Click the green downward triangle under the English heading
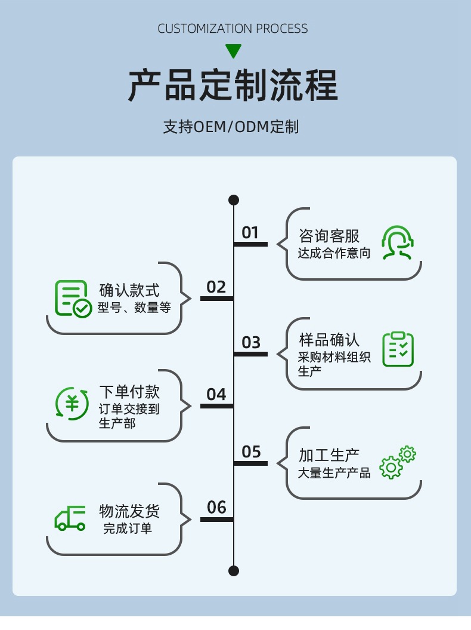click(233, 51)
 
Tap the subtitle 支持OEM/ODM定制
click(231, 127)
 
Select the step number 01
click(250, 232)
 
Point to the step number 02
click(216, 287)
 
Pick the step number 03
click(251, 343)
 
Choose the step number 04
click(216, 395)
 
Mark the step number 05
click(251, 452)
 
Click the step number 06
click(216, 508)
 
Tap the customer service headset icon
click(398, 242)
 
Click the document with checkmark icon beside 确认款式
click(73, 298)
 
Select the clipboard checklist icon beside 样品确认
click(398, 349)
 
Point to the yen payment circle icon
click(72, 403)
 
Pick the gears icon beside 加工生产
click(398, 462)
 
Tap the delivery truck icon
click(70, 518)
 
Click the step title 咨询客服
click(329, 236)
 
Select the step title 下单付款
click(129, 392)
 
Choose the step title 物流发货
click(129, 511)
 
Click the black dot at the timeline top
click(234, 199)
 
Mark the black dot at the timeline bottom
click(234, 570)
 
